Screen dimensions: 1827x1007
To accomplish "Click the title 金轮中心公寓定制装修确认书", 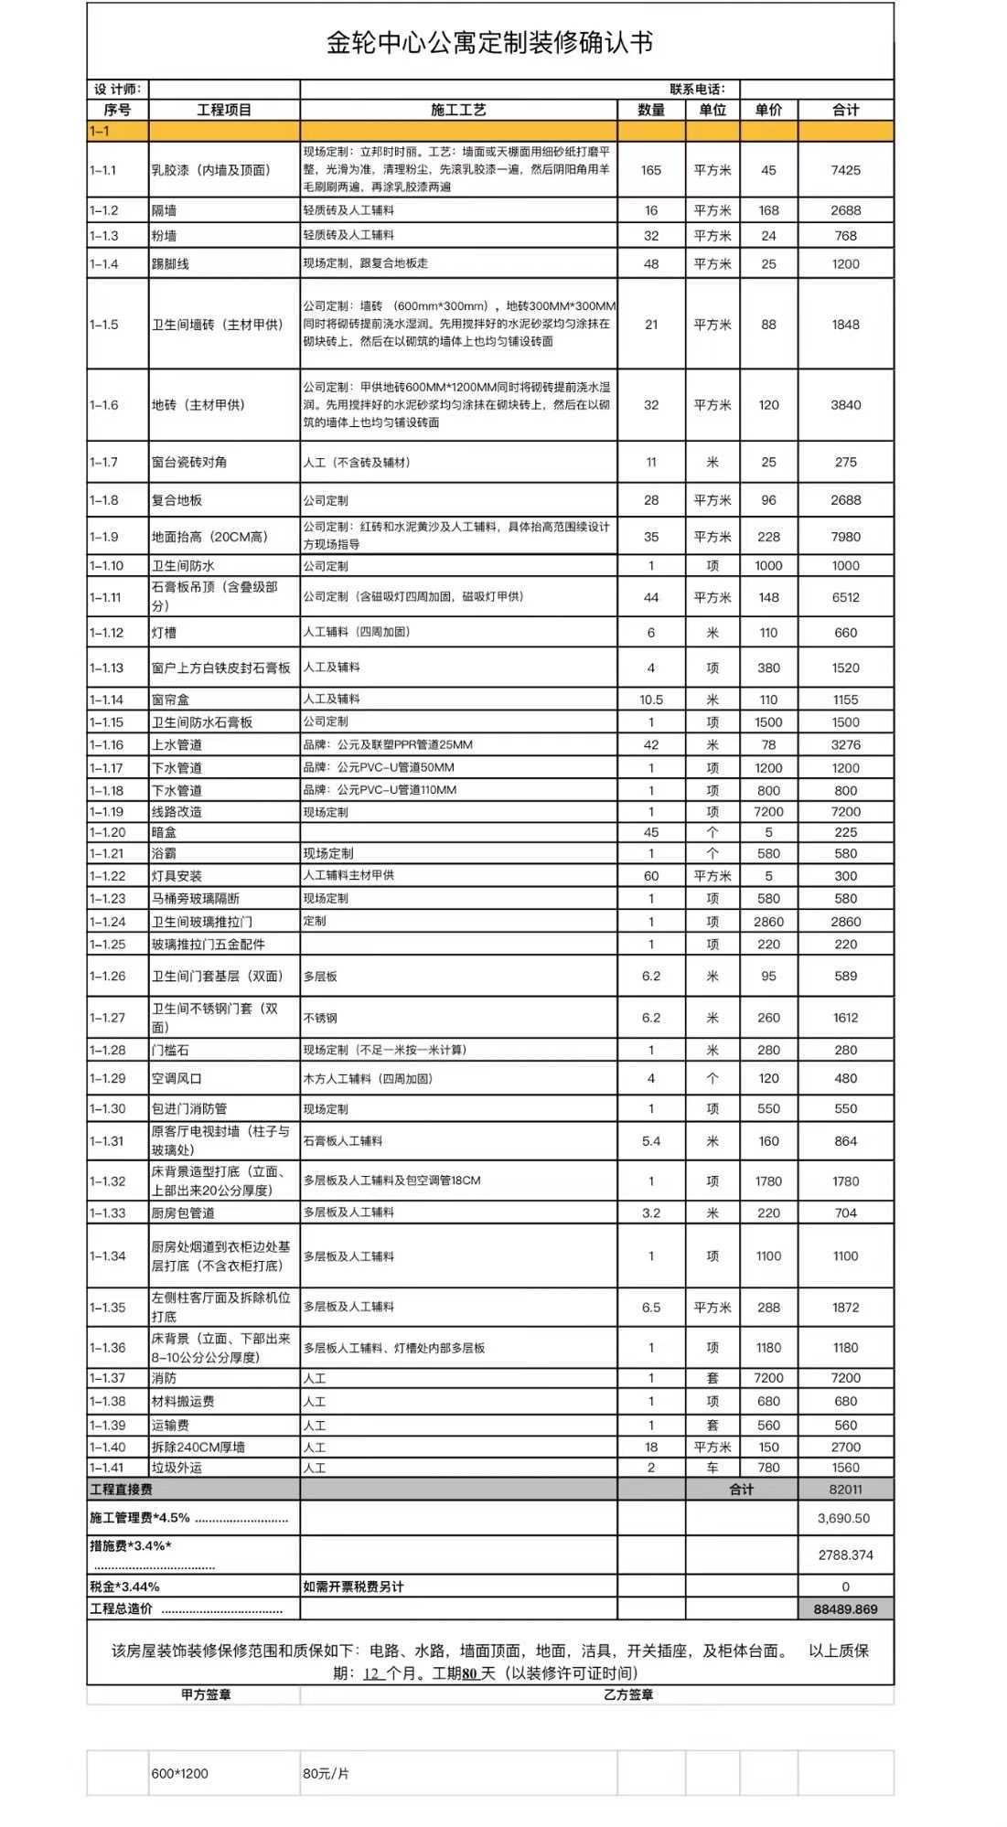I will (489, 43).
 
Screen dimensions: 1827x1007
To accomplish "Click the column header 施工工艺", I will (458, 110).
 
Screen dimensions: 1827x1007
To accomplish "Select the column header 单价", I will (768, 110).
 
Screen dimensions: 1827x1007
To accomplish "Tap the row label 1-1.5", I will (104, 325).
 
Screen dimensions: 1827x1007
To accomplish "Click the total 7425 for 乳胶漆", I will (845, 170).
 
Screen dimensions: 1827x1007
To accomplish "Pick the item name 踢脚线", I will (171, 264).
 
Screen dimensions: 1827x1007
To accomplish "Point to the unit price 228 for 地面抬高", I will (768, 537).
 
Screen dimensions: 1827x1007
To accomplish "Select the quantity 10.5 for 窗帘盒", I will (651, 700).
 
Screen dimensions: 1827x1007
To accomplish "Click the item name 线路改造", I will (177, 812).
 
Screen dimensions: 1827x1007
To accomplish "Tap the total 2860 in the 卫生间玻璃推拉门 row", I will (845, 922).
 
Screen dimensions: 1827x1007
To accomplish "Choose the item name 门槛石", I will (171, 1050).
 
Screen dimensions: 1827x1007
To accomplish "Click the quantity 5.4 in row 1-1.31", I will (651, 1141).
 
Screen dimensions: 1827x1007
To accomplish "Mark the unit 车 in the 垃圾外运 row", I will (712, 1468).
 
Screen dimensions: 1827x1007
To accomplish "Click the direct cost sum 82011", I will (845, 1490).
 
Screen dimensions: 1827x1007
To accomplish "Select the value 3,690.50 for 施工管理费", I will (844, 1518).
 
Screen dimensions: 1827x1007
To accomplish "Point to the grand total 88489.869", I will (845, 1609).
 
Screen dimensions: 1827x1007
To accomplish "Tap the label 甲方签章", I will (206, 1694).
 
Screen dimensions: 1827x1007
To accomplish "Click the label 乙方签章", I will (628, 1694).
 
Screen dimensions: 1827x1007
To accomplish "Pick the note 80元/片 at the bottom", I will (327, 1773).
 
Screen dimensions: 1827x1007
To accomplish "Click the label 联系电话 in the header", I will (697, 89).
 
